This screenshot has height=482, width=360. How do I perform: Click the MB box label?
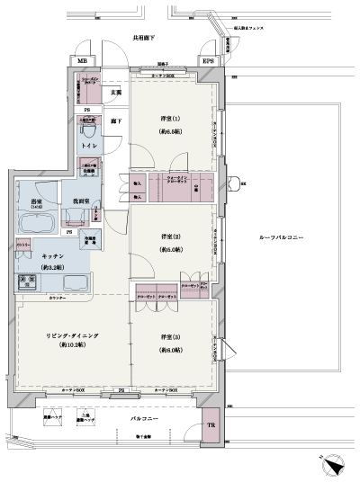pos(83,61)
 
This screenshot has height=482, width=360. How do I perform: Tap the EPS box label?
pos(207,61)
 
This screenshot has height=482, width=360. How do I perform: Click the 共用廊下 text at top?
pos(145,40)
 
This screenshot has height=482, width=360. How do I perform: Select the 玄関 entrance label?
pos(116,92)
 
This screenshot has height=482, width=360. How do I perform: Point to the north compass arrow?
pos(333,467)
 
